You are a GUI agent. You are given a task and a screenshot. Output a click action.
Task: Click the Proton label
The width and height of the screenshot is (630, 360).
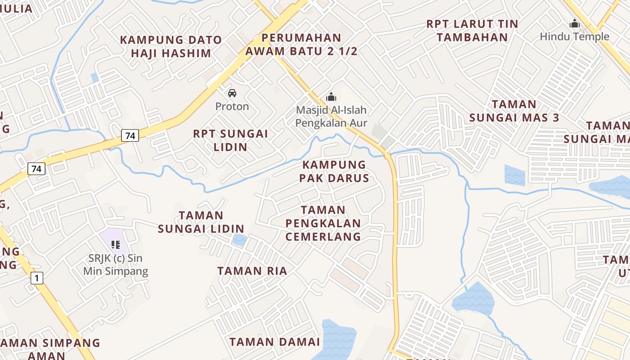point(232,107)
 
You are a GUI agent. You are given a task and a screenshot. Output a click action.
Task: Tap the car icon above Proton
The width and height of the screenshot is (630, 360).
point(232,93)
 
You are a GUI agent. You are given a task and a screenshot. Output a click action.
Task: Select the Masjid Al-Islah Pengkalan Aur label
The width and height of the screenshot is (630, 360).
point(331,117)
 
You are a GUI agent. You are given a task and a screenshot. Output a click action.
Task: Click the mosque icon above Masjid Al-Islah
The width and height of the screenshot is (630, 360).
point(331,97)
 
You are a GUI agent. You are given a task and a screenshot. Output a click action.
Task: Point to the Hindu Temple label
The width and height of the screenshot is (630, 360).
point(574,37)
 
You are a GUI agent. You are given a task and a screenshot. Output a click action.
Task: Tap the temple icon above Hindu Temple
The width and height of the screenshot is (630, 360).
point(574,23)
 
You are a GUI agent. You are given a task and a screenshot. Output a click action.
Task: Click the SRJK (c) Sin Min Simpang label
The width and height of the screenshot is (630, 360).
point(116,265)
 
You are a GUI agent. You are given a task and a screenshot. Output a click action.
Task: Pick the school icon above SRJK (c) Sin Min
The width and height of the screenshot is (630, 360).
point(116,244)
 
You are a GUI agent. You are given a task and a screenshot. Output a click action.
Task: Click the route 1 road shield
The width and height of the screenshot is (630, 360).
point(37,278)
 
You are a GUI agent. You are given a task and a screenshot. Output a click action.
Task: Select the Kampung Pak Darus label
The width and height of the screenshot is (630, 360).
point(334,171)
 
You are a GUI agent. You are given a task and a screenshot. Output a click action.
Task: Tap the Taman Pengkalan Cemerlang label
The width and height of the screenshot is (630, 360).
point(323,223)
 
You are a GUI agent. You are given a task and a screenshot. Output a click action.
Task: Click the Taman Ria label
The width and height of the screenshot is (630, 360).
point(252,271)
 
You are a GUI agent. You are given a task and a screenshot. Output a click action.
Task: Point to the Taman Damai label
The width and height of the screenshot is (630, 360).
point(274,342)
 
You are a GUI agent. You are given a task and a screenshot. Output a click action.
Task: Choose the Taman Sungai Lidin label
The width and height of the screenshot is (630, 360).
point(201,222)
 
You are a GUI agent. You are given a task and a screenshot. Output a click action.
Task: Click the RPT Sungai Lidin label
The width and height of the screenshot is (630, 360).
point(230,140)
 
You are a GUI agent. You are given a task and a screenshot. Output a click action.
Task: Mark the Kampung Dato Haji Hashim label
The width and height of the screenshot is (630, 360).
point(171,46)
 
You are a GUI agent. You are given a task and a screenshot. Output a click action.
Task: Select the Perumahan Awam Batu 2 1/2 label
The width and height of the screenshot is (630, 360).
point(301,45)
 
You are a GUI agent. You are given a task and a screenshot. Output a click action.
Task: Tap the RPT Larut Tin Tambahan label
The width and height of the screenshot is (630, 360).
point(472,30)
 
